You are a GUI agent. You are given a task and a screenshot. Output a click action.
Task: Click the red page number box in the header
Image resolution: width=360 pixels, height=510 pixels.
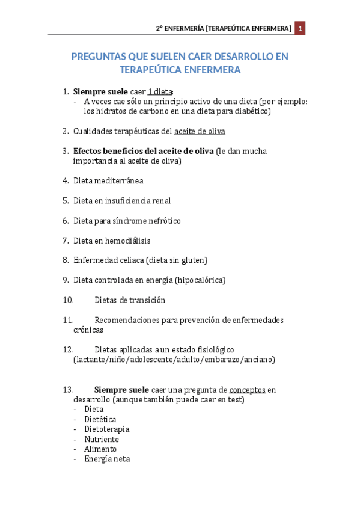click(x=300, y=28)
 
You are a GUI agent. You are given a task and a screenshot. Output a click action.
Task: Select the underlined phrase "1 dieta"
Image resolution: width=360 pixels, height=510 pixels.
click(x=160, y=91)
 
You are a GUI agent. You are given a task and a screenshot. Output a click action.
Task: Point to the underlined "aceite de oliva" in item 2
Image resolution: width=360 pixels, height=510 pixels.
click(x=200, y=131)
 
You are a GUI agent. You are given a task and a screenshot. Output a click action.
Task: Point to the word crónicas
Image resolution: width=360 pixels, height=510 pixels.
click(x=88, y=330)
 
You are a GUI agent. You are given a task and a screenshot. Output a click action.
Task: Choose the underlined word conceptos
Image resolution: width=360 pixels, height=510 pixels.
click(x=247, y=390)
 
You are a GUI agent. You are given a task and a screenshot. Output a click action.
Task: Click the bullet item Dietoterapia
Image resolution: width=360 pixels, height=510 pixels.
click(x=106, y=429)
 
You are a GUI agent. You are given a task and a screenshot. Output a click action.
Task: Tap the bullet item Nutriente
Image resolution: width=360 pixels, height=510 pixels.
click(x=102, y=440)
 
